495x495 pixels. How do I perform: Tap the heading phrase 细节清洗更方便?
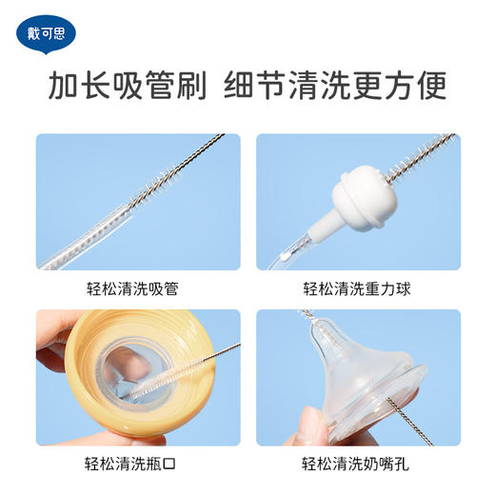pyautogui.click(x=335, y=88)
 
